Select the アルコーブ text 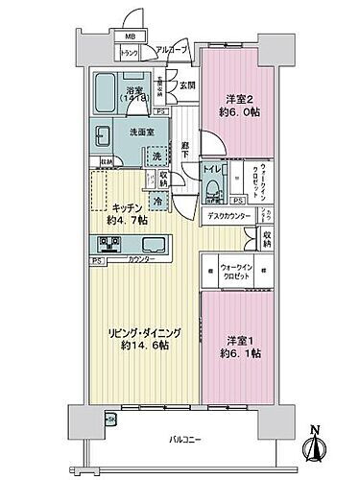(x=172, y=49)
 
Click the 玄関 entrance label (x=186, y=85)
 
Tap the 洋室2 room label (x=237, y=100)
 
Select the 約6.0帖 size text (x=237, y=112)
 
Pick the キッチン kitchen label (x=127, y=205)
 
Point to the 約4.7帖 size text (x=128, y=220)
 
